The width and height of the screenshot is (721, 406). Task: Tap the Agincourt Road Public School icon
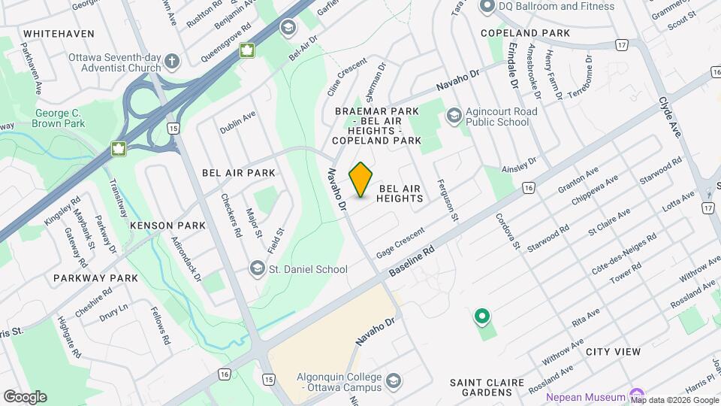454,115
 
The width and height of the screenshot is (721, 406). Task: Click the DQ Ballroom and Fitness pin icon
486,6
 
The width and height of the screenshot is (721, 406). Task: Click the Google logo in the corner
25,396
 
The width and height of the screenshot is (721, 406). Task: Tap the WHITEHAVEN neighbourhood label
59,34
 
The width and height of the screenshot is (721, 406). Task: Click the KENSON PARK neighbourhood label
157,226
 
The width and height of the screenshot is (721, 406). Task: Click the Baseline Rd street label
412,259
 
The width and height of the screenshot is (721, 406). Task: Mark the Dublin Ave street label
238,123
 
